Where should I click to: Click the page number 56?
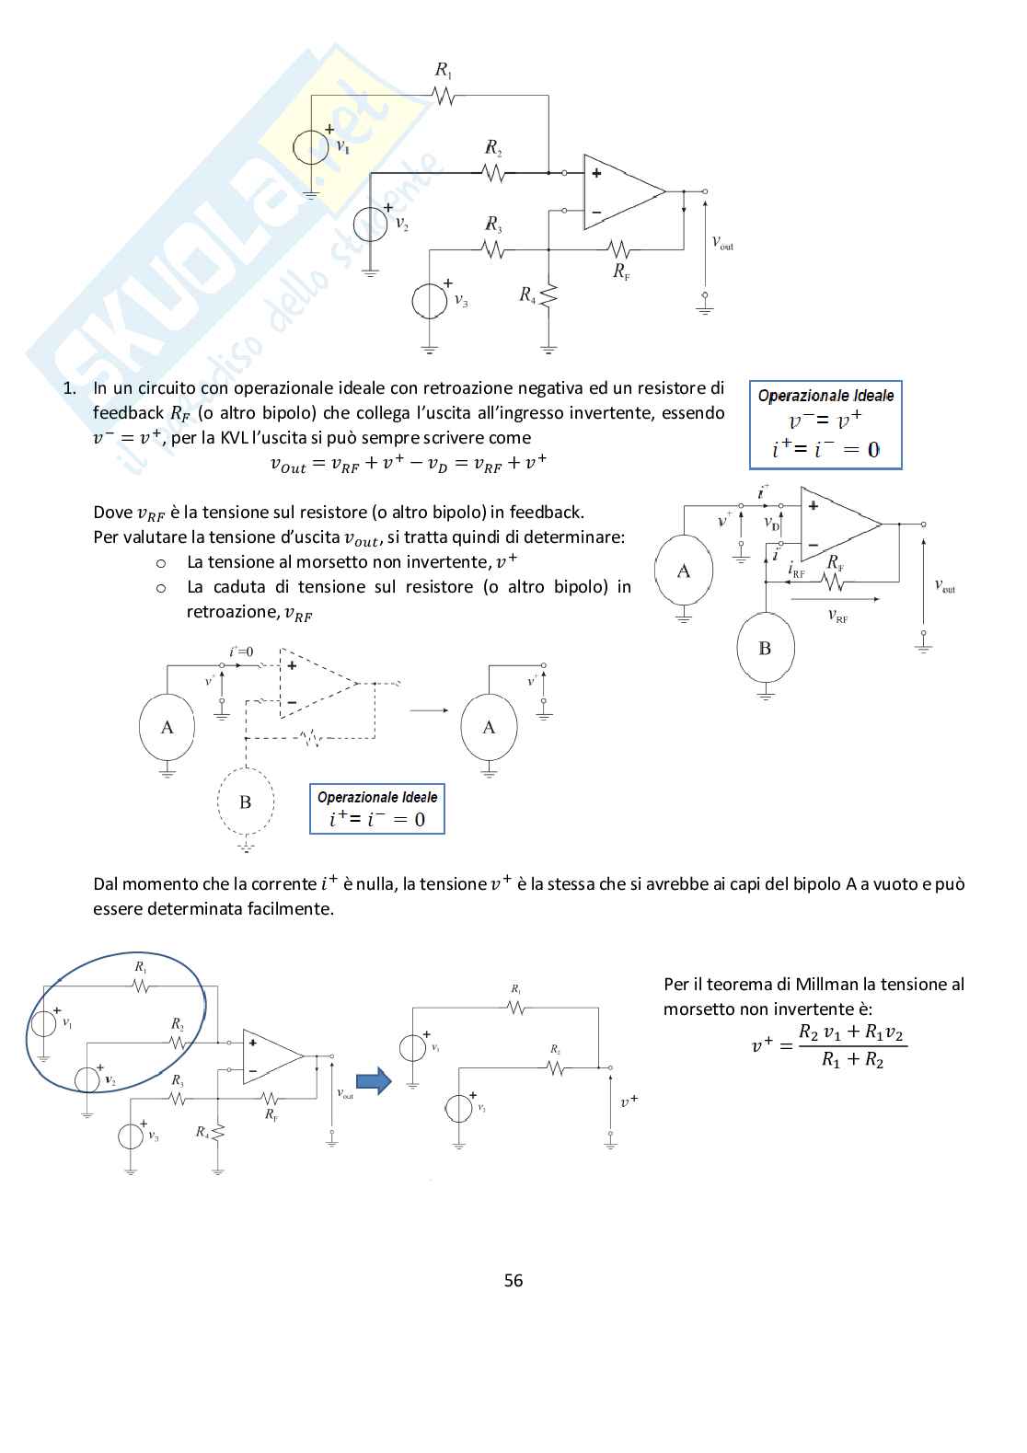513,1280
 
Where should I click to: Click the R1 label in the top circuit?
444,70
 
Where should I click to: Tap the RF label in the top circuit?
622,271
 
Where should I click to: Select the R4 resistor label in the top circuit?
527,294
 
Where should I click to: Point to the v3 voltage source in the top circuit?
430,300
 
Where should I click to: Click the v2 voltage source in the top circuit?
371,224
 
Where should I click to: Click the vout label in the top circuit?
722,242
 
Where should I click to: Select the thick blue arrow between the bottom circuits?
374,1080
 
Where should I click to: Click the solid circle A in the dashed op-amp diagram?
167,727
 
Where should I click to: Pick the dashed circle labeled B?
246,802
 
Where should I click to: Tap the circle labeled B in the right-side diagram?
765,648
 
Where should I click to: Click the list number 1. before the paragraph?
69,388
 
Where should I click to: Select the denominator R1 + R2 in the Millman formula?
852,1060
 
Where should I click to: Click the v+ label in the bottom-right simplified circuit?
629,1101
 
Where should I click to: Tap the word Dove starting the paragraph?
113,513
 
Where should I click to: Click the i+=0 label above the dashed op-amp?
241,652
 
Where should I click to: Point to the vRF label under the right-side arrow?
837,617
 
